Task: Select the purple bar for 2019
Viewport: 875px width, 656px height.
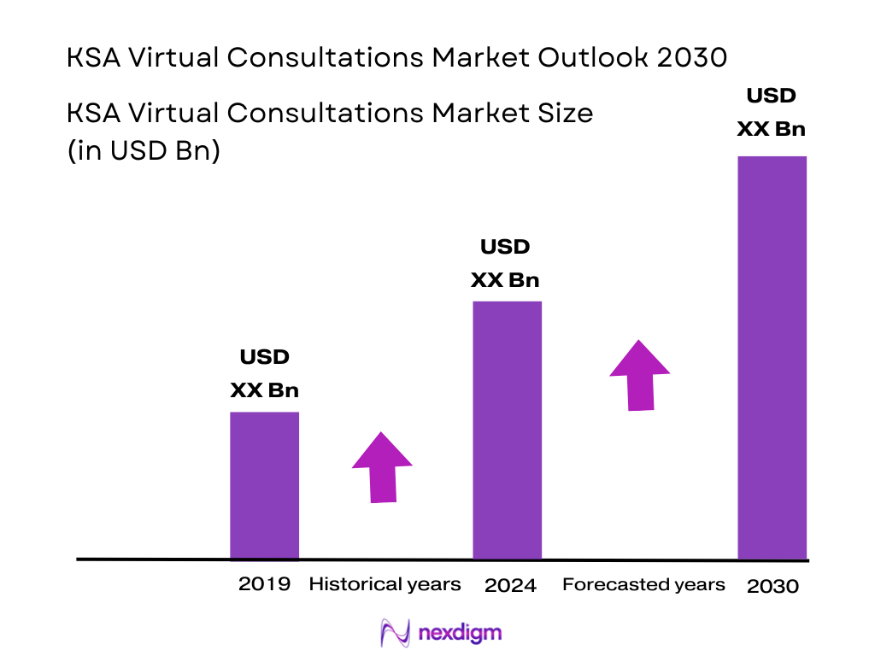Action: (264, 485)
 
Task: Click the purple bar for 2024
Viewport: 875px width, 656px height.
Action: (507, 430)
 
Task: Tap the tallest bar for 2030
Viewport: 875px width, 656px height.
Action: (772, 357)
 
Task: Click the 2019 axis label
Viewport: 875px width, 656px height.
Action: (264, 584)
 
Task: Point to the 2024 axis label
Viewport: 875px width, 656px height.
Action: (510, 586)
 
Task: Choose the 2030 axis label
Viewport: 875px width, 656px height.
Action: (772, 586)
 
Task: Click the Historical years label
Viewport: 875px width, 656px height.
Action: (385, 584)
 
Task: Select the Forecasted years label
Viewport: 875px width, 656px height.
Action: (643, 584)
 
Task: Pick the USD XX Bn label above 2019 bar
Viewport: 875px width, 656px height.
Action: (264, 374)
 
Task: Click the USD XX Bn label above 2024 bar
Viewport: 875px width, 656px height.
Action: (506, 264)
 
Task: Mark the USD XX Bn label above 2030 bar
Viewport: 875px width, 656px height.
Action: (772, 113)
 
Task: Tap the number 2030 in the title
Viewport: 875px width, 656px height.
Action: (696, 58)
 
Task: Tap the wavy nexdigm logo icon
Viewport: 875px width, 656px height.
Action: (396, 633)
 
